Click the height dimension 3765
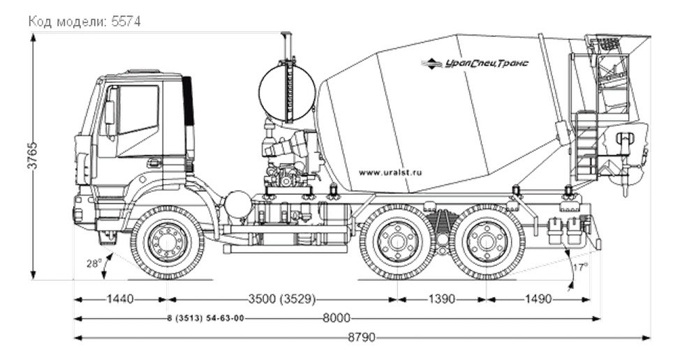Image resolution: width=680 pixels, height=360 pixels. tap(33, 160)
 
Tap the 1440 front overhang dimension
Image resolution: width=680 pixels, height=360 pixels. tap(121, 299)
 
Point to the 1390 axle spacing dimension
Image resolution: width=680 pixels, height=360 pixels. tap(441, 299)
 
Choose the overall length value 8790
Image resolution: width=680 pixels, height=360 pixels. tap(362, 338)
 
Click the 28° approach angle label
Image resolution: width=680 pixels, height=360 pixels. tap(94, 263)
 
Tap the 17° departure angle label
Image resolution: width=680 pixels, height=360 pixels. tap(579, 266)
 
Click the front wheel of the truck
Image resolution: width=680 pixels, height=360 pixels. tap(168, 242)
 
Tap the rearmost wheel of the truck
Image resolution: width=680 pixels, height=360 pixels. tap(487, 242)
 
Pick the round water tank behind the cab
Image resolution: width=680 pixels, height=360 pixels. tap(287, 92)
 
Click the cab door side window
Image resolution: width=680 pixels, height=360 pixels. tap(138, 110)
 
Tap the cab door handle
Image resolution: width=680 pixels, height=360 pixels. tap(153, 163)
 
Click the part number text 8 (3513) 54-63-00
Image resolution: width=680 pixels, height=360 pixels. tap(205, 319)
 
